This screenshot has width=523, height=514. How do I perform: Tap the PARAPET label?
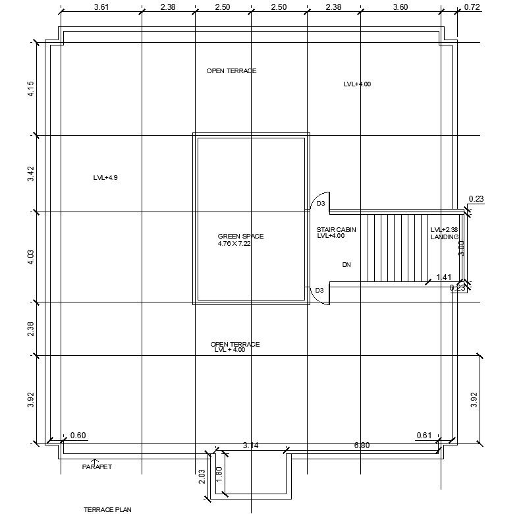coord(97,467)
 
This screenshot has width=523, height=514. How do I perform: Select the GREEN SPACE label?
coord(240,236)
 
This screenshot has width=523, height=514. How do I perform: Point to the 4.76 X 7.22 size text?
coord(234,244)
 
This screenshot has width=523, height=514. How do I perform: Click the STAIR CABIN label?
coord(336,229)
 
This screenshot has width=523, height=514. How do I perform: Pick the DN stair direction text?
coord(346,265)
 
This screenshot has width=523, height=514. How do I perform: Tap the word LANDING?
coord(444,237)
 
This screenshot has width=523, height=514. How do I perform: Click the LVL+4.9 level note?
coord(105,178)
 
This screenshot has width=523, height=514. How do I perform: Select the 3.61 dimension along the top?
coord(101,7)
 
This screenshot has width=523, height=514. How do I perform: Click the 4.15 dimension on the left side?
coord(30,89)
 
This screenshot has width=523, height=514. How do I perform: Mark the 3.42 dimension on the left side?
coord(30,174)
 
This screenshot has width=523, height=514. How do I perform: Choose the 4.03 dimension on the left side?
coord(30,257)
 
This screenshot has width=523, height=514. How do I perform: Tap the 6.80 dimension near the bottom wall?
coord(362,445)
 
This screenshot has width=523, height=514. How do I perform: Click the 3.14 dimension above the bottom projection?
coord(250,445)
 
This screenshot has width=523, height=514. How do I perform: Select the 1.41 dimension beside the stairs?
coord(443,278)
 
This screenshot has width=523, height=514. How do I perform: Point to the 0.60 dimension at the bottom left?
coord(78,435)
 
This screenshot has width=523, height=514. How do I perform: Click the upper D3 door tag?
coord(321,204)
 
